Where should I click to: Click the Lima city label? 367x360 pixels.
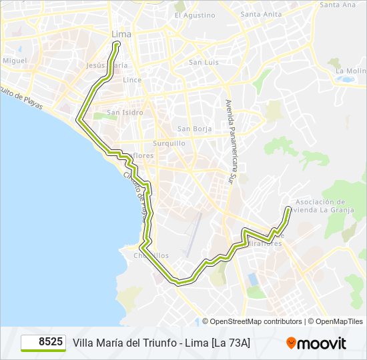point(121,33)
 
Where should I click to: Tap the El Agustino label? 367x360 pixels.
point(195,15)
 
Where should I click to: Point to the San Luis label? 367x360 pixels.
point(204,63)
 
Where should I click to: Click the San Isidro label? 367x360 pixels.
point(125,113)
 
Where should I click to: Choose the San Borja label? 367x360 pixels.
point(194,129)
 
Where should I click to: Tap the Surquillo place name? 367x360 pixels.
point(169,143)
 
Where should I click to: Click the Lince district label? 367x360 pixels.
point(132,80)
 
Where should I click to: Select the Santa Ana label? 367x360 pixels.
point(338,5)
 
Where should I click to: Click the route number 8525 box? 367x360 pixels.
point(43,343)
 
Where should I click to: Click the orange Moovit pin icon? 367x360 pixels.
point(292,343)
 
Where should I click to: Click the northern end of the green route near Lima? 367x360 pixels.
point(117,44)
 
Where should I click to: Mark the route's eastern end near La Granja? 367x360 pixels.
point(288,209)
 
